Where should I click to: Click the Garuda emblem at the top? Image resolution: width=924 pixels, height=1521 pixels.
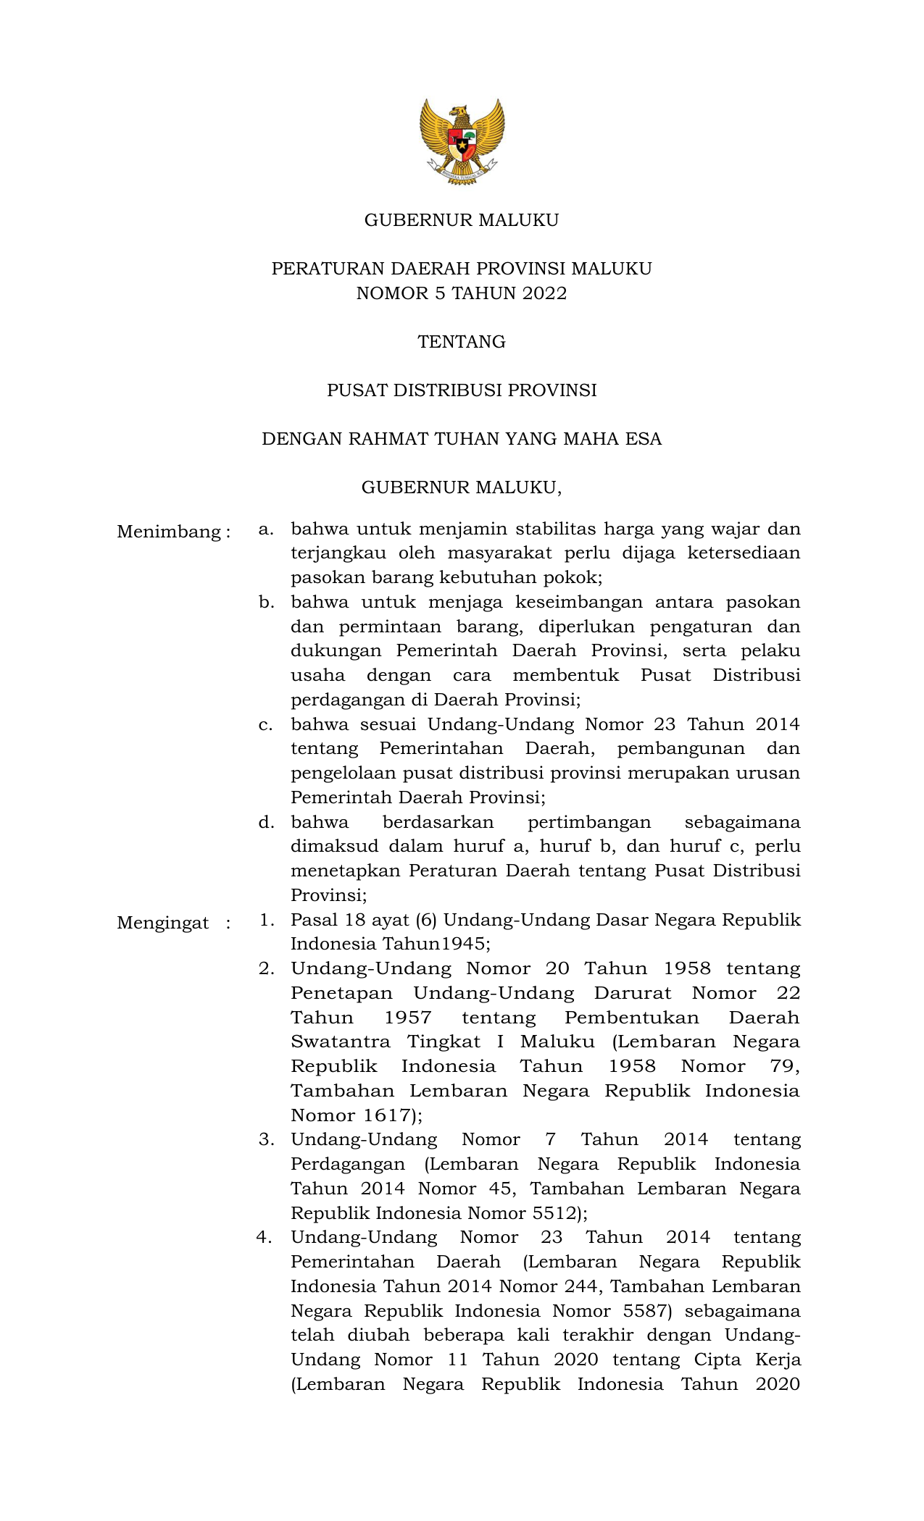point(462,142)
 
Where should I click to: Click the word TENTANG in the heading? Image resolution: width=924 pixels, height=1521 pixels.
point(462,342)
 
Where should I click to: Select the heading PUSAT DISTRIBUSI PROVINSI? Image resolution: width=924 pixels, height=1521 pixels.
point(462,391)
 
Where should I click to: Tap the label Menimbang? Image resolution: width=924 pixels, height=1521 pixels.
point(169,532)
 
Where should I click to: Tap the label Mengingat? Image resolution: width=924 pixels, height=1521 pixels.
point(163,923)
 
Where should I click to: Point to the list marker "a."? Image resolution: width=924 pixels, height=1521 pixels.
point(266,529)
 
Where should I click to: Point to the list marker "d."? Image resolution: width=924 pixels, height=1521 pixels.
point(266,823)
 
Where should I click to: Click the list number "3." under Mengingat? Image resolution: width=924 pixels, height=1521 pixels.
point(266,1140)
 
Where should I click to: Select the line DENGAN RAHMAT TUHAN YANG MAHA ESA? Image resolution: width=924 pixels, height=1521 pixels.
point(462,440)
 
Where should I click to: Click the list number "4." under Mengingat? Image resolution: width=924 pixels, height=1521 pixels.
point(265,1238)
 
